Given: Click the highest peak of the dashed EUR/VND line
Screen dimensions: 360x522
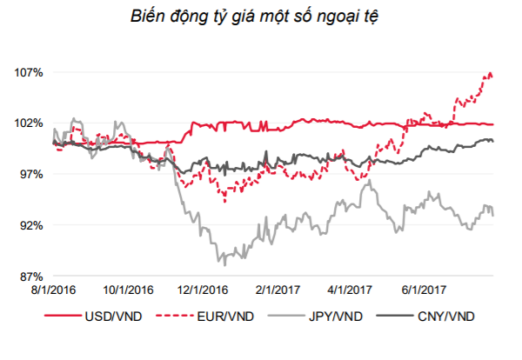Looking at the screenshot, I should (491, 73).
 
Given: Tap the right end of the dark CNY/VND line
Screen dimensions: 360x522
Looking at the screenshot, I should (493, 141).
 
